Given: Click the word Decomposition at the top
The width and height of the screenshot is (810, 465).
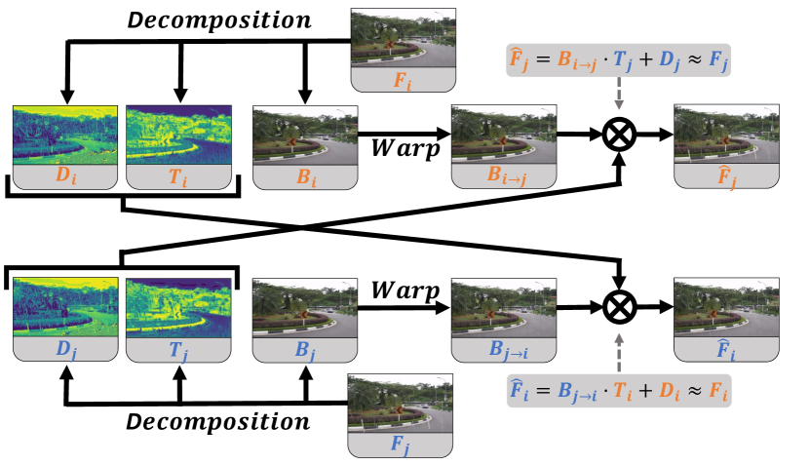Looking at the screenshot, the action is (x=219, y=21).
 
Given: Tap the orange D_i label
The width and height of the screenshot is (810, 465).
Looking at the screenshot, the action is (x=65, y=176).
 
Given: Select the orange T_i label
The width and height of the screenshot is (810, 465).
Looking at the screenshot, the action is (x=178, y=177).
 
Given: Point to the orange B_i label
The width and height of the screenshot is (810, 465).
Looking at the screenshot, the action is (x=306, y=177).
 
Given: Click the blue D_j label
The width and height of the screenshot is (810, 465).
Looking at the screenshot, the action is (x=66, y=350).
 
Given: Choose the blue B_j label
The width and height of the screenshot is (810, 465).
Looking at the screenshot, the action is (x=305, y=350).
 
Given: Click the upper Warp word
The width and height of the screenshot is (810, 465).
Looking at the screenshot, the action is (x=405, y=149).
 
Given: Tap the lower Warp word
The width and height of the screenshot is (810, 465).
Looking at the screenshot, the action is (x=405, y=291).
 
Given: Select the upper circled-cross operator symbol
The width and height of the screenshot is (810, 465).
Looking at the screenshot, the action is (x=619, y=135).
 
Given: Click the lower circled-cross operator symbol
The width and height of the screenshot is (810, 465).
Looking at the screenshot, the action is (x=619, y=307).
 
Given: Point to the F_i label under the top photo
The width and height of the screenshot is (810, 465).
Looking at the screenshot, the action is (x=403, y=81).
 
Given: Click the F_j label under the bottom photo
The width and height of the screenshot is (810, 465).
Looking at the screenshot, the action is (x=400, y=445).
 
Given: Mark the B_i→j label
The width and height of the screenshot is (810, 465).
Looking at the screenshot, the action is (x=507, y=175).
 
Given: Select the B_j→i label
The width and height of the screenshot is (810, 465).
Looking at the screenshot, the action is (x=508, y=350).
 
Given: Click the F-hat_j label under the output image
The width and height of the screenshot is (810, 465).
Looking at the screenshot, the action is (x=727, y=176).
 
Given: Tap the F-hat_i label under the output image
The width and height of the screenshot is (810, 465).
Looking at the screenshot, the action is (x=726, y=350).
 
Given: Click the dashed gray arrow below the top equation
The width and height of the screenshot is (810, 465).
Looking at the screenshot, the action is (x=619, y=94).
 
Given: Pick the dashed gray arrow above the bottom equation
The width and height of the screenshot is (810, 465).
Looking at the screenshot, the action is (x=619, y=353).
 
